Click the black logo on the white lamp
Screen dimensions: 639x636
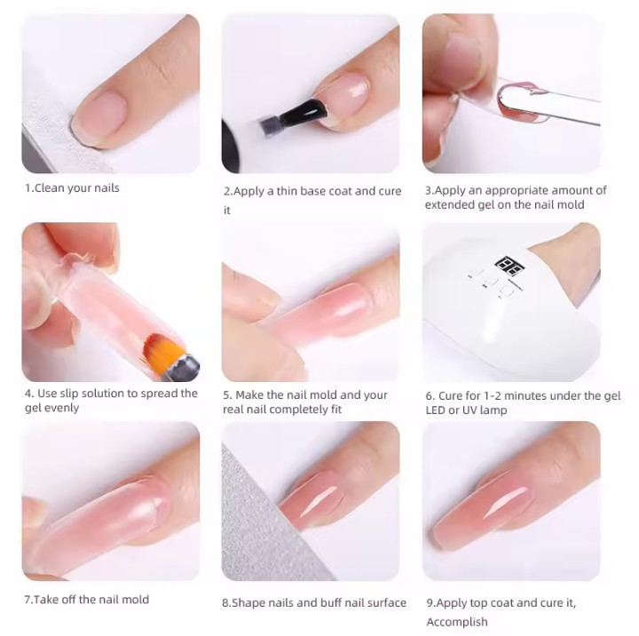click(x=509, y=266)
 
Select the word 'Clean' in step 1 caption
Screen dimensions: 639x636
click(x=50, y=188)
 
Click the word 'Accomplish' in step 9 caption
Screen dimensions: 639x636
click(x=457, y=622)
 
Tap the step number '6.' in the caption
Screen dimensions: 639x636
click(x=430, y=395)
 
